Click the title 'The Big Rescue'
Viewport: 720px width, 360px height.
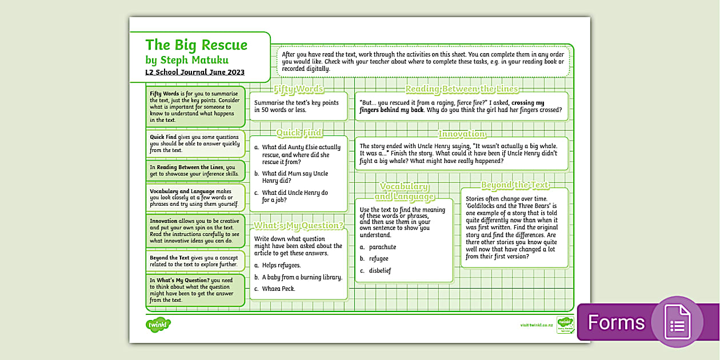[196, 45]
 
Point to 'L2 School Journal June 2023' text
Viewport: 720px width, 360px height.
[195, 72]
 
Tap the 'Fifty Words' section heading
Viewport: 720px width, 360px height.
[298, 89]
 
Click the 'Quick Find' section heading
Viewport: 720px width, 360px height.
[299, 133]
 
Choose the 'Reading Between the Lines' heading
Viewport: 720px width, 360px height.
[462, 89]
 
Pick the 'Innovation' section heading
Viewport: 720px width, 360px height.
[462, 134]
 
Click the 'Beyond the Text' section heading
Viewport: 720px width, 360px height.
[514, 185]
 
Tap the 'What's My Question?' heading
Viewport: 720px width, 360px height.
[298, 225]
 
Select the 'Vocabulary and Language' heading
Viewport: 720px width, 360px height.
[404, 191]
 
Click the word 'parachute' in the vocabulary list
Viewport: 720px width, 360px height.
[382, 247]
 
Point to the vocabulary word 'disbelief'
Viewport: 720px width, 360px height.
[379, 270]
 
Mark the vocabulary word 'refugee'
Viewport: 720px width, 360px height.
[378, 259]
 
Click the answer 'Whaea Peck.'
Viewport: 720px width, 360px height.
[278, 289]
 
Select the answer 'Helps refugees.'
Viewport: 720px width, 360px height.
[281, 265]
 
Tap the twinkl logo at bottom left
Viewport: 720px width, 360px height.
[158, 325]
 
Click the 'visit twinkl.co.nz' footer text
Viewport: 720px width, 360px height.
[536, 325]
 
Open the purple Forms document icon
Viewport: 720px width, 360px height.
[678, 322]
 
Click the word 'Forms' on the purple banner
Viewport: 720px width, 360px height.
[616, 322]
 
